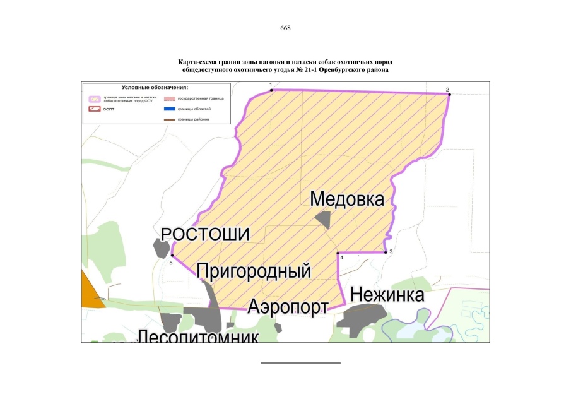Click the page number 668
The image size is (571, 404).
(x=285, y=28)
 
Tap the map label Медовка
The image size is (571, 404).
(x=347, y=199)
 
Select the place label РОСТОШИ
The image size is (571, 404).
(x=206, y=234)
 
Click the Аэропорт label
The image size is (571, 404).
(x=288, y=307)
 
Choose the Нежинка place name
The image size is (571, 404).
(x=387, y=295)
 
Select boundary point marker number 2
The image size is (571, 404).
(x=449, y=94)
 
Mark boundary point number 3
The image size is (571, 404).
(x=386, y=252)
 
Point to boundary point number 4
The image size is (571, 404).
(x=338, y=252)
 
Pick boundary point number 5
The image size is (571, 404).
(x=172, y=255)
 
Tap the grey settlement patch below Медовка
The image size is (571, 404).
(x=324, y=220)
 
